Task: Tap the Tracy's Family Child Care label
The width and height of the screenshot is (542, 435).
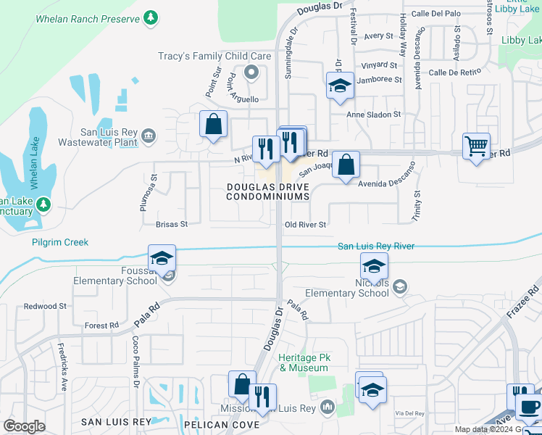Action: coord(214,56)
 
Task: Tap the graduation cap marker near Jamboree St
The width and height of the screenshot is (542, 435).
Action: coord(339,86)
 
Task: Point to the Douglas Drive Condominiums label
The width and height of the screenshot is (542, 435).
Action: coord(268,191)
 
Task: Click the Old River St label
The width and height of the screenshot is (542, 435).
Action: coord(306,225)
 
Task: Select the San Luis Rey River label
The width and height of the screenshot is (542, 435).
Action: coord(376,246)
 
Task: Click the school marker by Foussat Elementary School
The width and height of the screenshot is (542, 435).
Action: coord(162,258)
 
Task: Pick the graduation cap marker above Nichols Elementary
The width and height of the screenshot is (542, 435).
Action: coord(374,265)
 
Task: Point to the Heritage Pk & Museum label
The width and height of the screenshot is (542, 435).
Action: coord(304,362)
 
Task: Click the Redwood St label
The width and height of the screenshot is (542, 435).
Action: coord(45,306)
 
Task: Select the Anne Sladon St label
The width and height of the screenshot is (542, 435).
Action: coord(374,115)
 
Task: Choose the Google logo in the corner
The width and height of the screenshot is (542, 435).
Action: coord(24,426)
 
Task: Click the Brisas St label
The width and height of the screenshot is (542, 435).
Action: coord(171,225)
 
